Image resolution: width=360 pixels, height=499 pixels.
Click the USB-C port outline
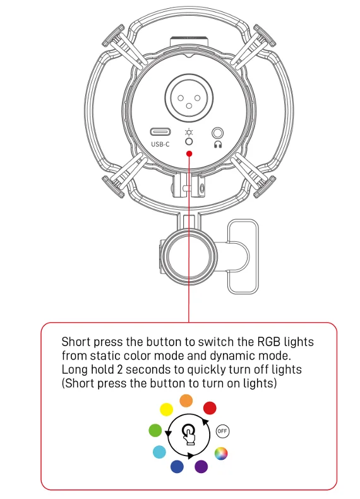pos(160,132)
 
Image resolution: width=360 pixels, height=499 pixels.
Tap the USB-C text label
pos(160,144)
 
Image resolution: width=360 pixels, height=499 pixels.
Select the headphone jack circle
pos(218,133)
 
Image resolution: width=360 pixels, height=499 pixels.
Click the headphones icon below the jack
pos(218,145)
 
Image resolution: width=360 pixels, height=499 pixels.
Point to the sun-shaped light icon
pos(189,133)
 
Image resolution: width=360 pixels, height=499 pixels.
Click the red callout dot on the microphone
pos(189,153)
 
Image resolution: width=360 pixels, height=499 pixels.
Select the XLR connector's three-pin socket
pos(189,99)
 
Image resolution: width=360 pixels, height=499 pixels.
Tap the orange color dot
pos(186,400)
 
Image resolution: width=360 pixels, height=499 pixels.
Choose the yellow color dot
pos(166,409)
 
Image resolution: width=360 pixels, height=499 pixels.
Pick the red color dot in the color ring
pos(210,408)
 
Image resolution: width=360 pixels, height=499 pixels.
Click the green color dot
pos(155,430)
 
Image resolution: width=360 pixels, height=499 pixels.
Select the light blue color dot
pos(159,452)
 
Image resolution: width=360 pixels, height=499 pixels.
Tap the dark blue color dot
pos(177,467)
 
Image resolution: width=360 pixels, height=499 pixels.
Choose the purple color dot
pos(201,467)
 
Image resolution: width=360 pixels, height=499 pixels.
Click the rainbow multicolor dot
pos(221,454)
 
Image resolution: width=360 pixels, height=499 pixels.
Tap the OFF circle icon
pos(222,431)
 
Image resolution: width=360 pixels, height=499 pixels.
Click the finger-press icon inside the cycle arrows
pos(189,435)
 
